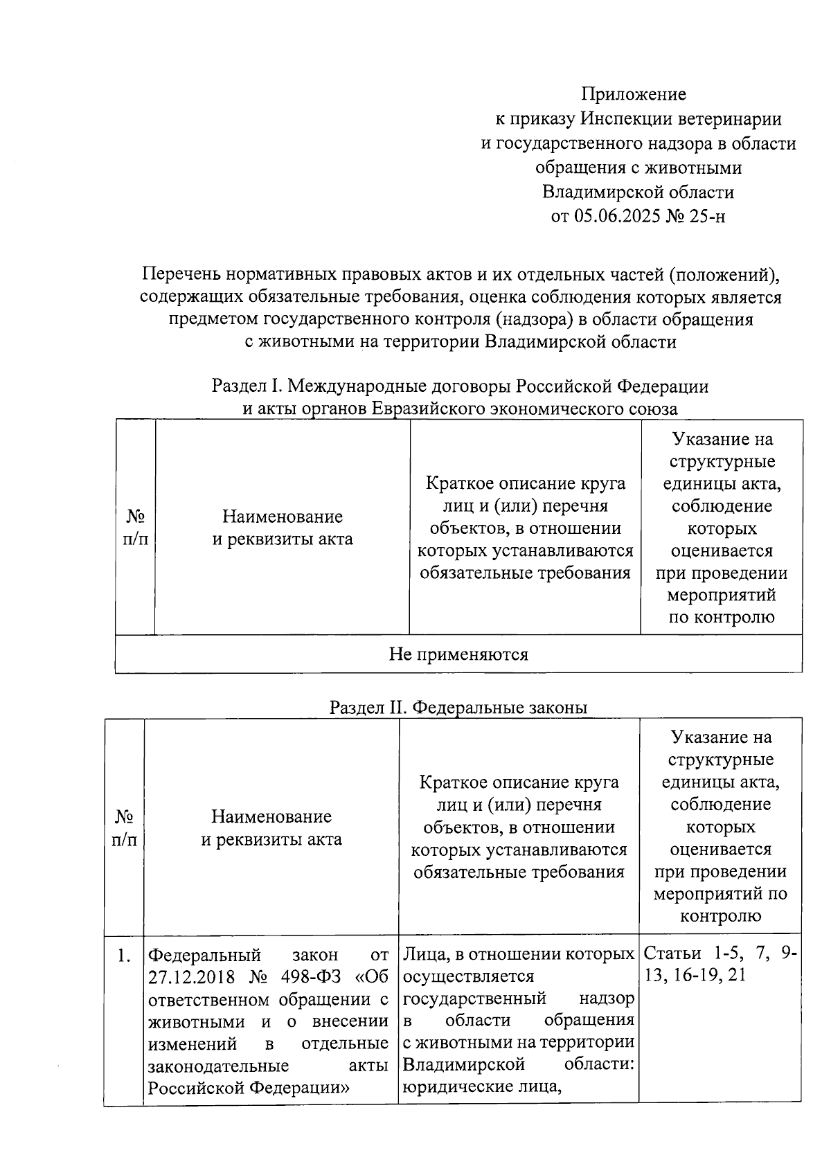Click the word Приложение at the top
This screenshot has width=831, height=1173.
click(633, 93)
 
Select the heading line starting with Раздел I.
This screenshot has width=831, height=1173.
click(460, 386)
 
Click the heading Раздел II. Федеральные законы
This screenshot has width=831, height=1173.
click(458, 707)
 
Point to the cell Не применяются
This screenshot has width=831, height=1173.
click(458, 654)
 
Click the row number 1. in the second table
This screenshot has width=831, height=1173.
click(124, 956)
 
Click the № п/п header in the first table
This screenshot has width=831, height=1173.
click(135, 528)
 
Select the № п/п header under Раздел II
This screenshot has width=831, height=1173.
click(124, 827)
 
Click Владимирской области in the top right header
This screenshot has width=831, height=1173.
click(638, 192)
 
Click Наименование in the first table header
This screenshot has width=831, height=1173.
click(282, 517)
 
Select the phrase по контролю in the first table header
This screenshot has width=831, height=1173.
click(721, 617)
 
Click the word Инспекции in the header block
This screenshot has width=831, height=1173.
click(616, 118)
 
